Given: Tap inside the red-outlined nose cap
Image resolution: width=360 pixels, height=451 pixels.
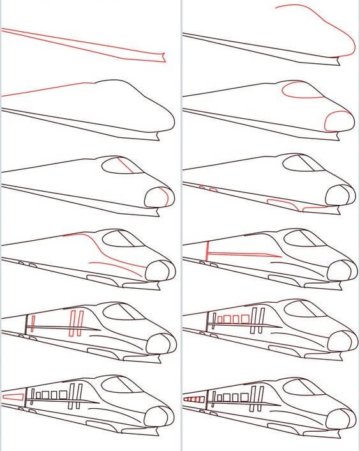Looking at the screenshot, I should pyautogui.click(x=338, y=119).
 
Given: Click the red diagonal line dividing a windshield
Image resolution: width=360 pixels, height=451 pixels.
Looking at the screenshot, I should pyautogui.click(x=126, y=166).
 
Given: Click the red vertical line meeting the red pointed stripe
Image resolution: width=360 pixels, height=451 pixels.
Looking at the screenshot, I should pyautogui.click(x=207, y=251).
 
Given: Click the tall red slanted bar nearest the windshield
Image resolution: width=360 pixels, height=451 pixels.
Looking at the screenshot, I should pyautogui.click(x=80, y=323).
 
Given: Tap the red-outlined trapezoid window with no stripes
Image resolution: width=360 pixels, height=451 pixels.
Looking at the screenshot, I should pyautogui.click(x=13, y=397).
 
